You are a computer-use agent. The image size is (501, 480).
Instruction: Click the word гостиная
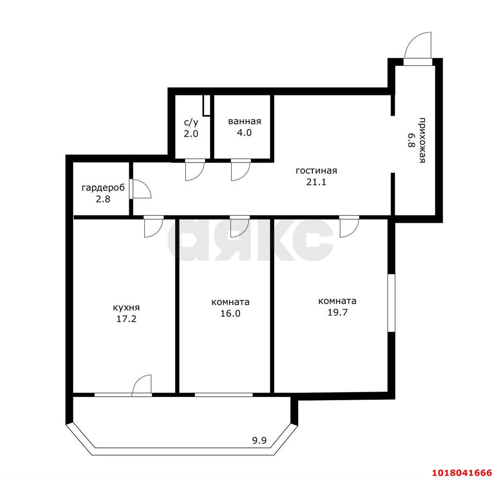point(316,171)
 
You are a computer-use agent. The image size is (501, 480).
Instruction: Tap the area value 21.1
point(316,182)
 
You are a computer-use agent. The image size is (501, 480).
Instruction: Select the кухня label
point(126,308)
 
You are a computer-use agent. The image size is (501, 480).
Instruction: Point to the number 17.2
point(126,319)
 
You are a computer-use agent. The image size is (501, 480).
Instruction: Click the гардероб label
point(103,188)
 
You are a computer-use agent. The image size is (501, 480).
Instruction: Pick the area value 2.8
point(103,199)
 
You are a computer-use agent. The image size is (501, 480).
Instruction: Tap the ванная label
point(245,121)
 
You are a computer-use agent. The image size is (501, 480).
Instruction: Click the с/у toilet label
point(191,123)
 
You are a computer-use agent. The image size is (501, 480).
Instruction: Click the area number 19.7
point(337,312)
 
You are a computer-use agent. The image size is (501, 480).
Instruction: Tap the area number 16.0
point(231,313)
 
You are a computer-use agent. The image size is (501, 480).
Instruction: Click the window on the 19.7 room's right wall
point(391,303)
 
